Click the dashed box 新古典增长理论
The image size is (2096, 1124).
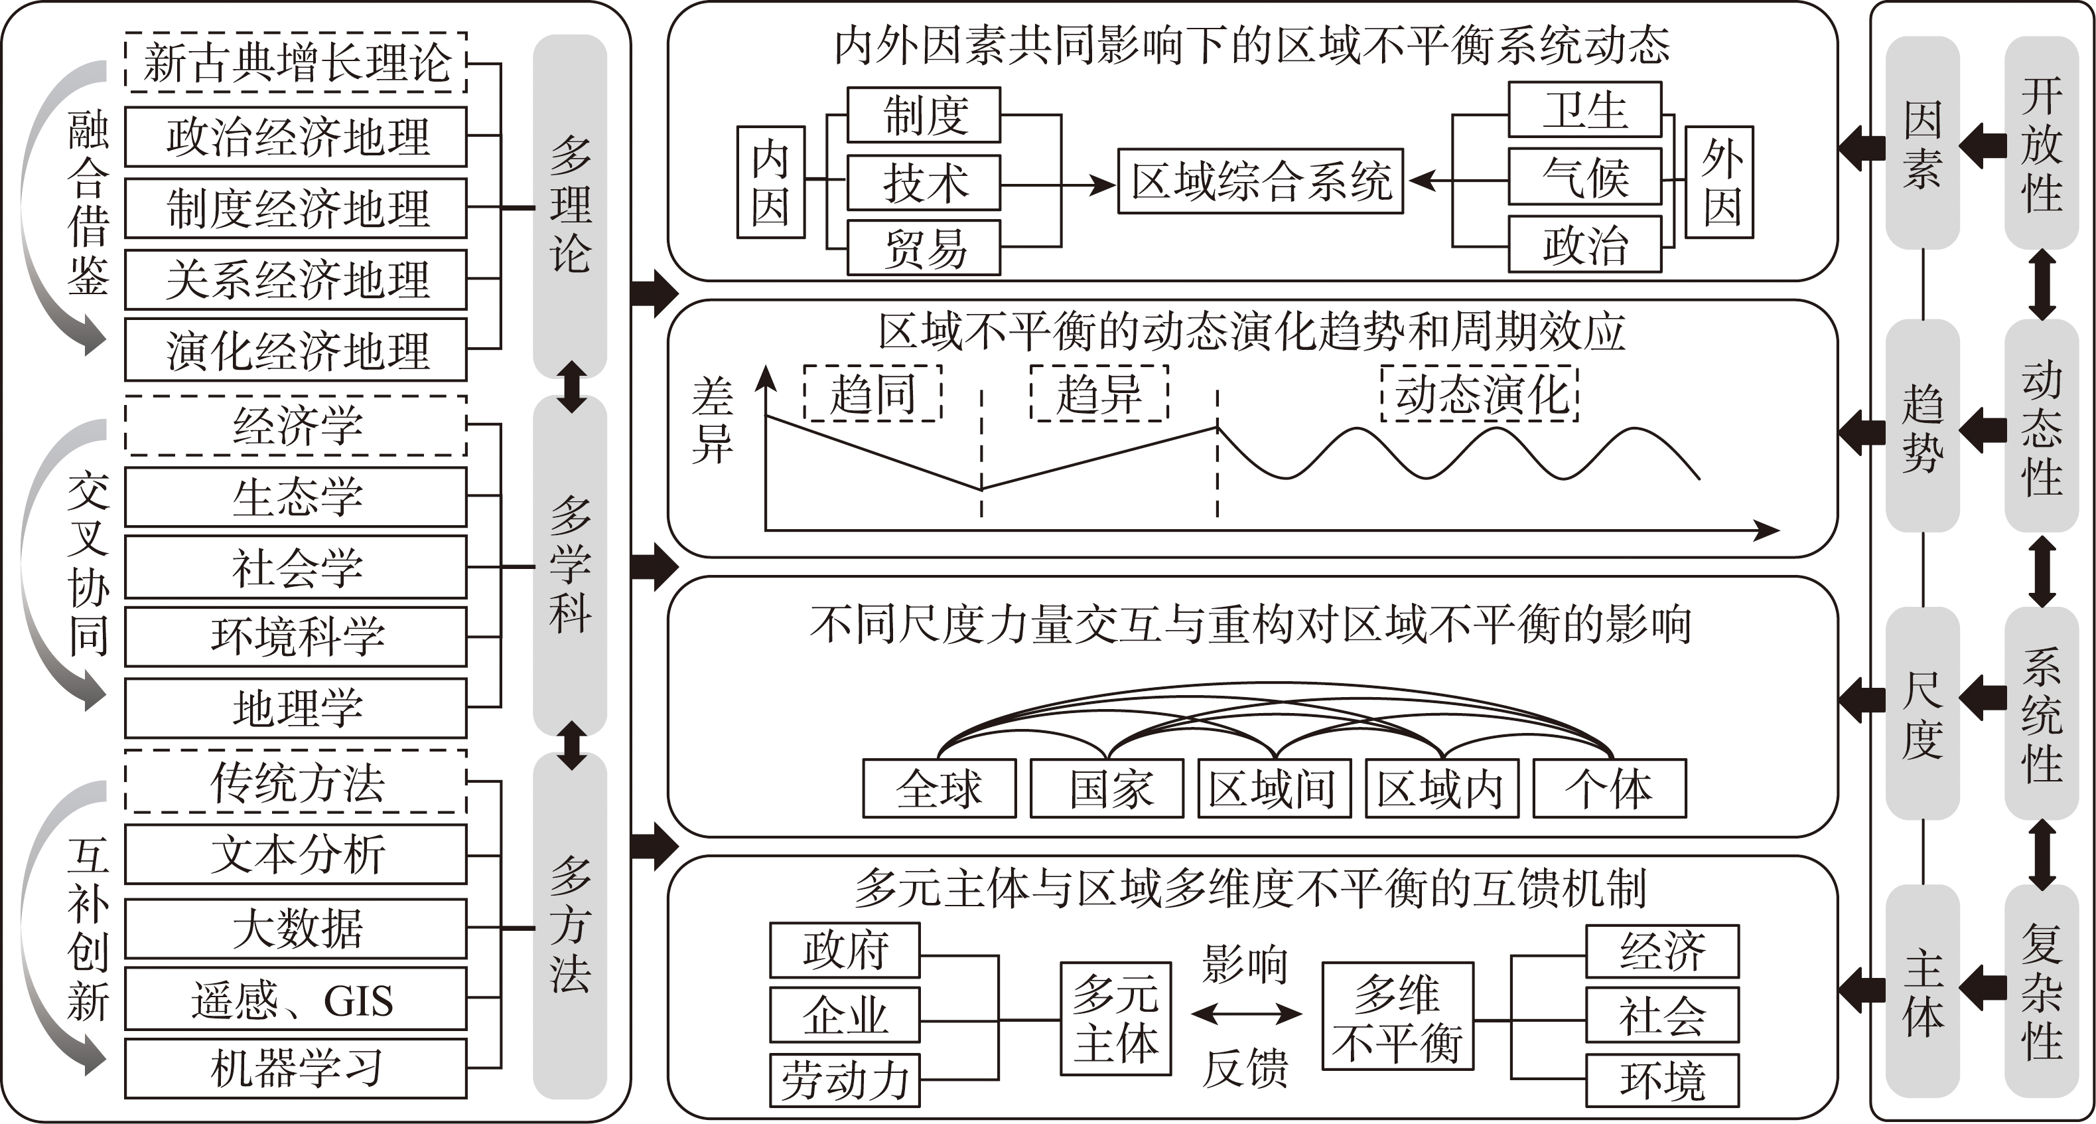295,62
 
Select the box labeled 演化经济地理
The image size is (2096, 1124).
295,350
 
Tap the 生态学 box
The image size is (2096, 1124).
295,497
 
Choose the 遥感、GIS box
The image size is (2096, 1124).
295,999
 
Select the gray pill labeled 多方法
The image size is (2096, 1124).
569,925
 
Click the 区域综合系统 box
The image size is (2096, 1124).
1261,181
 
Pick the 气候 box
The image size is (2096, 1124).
1584,177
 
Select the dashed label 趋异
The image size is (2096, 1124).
1099,393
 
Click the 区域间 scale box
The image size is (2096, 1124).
1274,788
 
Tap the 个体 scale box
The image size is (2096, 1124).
1610,788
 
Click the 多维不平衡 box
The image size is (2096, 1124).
1398,1016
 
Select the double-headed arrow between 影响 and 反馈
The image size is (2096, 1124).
1245,1013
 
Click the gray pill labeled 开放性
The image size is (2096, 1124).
2042,143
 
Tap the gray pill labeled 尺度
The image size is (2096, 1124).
1923,714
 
